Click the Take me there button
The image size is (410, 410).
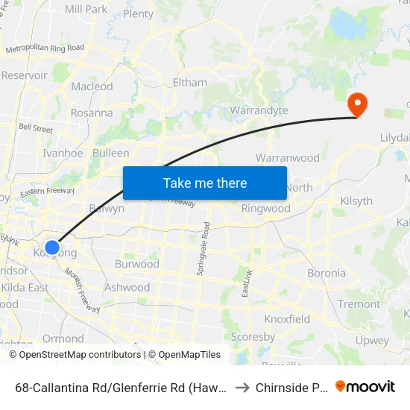coord(205,183)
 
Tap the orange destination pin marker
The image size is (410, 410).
coord(358,105)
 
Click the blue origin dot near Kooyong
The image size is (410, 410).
coord(52,247)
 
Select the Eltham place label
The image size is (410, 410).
coord(189,83)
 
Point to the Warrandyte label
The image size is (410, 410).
coord(259,111)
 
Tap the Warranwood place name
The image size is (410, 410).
coord(287,158)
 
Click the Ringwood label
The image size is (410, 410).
coord(265,209)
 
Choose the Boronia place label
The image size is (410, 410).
coord(327,273)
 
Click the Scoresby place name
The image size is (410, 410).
coord(253,336)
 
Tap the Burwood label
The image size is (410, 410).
coord(137,264)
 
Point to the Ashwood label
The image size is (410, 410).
coord(127,288)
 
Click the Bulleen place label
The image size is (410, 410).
coord(110,153)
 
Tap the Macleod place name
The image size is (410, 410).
coord(92,86)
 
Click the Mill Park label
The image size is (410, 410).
coord(86,9)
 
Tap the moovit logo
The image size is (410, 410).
coord(365,386)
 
